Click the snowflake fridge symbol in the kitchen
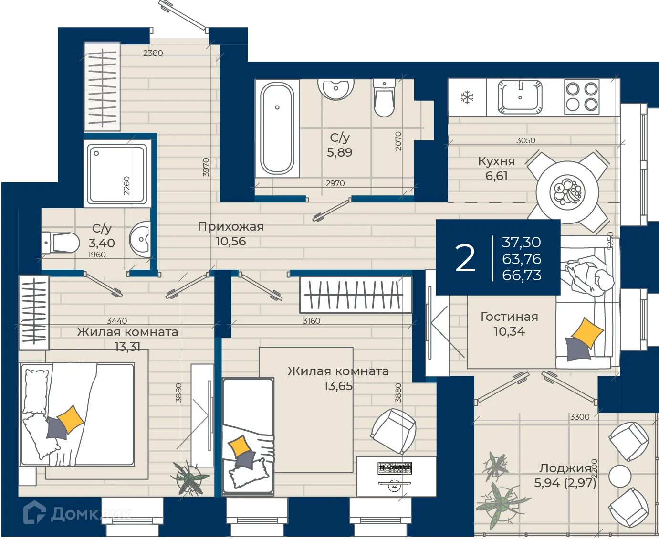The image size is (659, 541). pyautogui.click(x=467, y=97)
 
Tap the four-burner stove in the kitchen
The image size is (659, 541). pyautogui.click(x=582, y=96)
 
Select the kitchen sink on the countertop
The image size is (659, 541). pyautogui.click(x=520, y=97)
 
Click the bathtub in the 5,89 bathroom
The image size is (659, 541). pyautogui.click(x=277, y=128)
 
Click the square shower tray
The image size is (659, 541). pyautogui.click(x=117, y=173)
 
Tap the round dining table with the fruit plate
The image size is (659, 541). pyautogui.click(x=567, y=191)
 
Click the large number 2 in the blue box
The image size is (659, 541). pyautogui.click(x=465, y=258)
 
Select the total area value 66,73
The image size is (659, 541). pyautogui.click(x=522, y=275)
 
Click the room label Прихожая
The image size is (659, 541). pyautogui.click(x=230, y=227)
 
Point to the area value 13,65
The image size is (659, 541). pyautogui.click(x=338, y=386)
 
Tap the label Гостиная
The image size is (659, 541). pyautogui.click(x=509, y=317)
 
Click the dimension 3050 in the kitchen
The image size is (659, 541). pyautogui.click(x=525, y=140)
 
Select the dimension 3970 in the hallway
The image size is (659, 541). pyautogui.click(x=206, y=167)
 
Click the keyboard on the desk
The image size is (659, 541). pyautogui.click(x=395, y=468)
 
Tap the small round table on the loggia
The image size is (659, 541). pyautogui.click(x=620, y=476)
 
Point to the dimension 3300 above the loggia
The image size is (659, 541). pyautogui.click(x=580, y=417)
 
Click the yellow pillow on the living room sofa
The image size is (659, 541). pyautogui.click(x=587, y=333)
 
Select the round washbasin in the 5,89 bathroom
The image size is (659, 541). pyautogui.click(x=336, y=89)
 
